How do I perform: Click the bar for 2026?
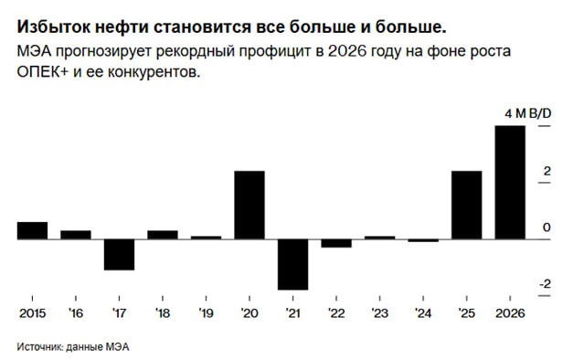click(510, 182)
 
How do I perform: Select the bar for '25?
click(466, 205)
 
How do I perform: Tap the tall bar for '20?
click(250, 205)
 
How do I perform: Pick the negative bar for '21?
click(292, 264)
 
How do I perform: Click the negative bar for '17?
click(119, 254)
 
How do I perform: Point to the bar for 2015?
click(32, 230)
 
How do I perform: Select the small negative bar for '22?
click(336, 243)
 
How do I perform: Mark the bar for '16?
click(76, 234)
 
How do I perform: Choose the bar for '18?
click(163, 234)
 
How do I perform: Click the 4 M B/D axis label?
click(527, 112)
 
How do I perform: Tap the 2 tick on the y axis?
click(546, 170)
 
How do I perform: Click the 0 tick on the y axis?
click(546, 227)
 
